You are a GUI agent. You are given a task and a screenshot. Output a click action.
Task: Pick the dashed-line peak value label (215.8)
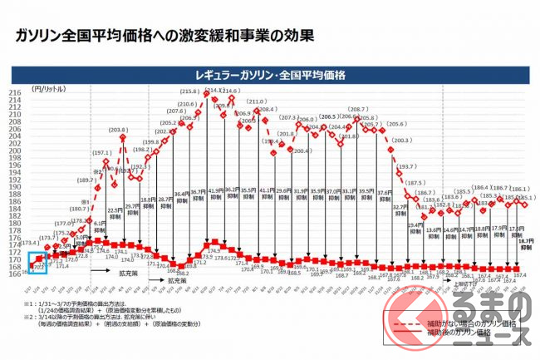point(189,90)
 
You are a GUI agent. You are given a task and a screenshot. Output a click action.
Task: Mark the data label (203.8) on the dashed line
point(119,130)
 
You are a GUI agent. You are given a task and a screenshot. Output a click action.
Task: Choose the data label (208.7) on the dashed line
point(359,110)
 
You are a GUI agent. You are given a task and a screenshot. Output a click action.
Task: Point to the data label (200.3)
point(400,141)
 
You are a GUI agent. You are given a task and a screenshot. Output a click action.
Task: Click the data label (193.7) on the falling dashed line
point(407,166)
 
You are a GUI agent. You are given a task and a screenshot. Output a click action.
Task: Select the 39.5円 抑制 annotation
point(367,194)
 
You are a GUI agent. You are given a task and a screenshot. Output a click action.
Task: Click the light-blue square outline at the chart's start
point(38,264)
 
